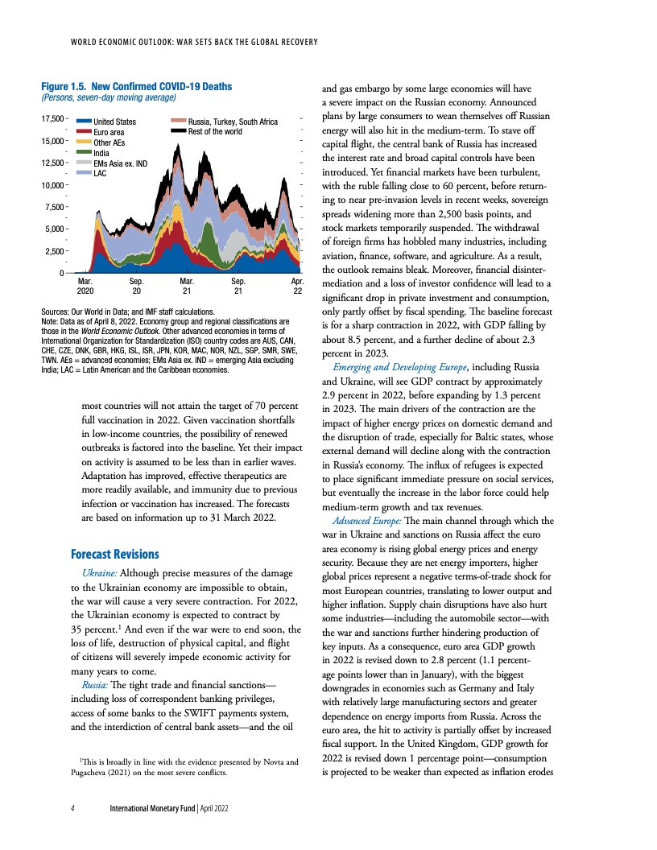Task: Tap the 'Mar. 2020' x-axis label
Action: [x=85, y=286]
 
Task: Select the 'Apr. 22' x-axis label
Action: [x=297, y=286]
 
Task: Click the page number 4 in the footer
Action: [x=72, y=807]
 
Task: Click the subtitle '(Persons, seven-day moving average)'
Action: [x=109, y=97]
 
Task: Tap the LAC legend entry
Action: [x=101, y=172]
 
